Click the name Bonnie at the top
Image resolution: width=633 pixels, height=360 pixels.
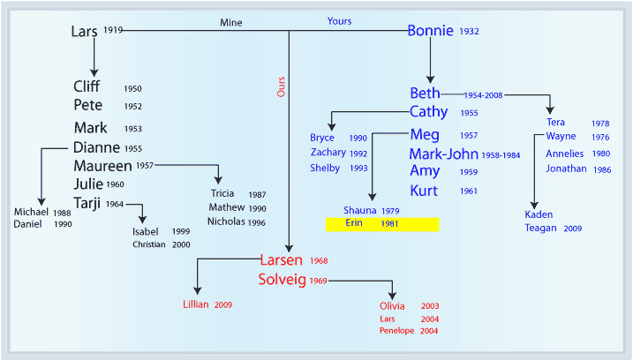coord(430,31)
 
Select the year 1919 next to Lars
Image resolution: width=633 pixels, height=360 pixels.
coord(113,30)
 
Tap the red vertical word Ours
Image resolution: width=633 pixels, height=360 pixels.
coord(281,86)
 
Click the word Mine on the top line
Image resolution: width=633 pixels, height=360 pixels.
coord(231,23)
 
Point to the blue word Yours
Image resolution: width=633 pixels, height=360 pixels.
coord(339,21)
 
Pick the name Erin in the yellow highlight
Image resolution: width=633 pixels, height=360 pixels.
coord(354,222)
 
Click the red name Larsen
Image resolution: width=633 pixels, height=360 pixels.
coord(281,260)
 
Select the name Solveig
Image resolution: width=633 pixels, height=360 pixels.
coord(283,280)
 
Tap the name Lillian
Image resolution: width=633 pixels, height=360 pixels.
coord(196,304)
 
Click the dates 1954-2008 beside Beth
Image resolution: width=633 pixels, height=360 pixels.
coord(483,95)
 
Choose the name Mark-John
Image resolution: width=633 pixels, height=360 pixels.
coord(444,154)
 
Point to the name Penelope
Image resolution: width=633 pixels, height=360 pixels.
coord(396,331)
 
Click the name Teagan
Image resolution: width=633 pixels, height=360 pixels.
coord(540,228)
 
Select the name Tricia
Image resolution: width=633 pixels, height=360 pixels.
coord(222,193)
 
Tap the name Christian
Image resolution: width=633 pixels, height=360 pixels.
coord(149,244)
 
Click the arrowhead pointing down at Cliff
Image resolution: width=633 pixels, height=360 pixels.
coord(94,72)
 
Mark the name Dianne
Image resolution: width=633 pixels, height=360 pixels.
coord(96,147)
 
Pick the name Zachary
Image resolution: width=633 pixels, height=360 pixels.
coord(328,153)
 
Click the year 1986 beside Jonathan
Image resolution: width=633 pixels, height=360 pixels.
coord(602,170)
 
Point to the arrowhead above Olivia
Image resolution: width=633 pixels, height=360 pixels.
coord(392,296)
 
